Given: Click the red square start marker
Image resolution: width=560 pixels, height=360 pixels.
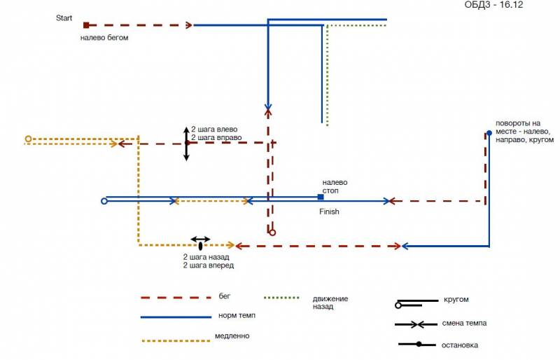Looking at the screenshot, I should [x=86, y=25].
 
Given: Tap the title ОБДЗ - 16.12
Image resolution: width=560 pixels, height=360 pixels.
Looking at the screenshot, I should [x=494, y=5].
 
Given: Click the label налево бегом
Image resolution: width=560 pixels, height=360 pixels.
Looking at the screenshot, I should [x=104, y=38].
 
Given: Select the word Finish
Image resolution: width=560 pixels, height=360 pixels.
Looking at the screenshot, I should [x=329, y=212].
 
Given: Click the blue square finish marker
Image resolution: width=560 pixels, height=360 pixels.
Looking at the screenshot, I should [x=321, y=197].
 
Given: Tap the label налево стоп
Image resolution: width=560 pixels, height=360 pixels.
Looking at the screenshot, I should [x=334, y=186].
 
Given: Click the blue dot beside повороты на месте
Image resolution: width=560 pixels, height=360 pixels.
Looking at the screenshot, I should [x=489, y=132].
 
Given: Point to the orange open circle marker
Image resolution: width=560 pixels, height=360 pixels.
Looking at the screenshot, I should [x=28, y=139].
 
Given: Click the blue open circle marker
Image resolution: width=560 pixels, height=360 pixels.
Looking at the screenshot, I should [x=104, y=201].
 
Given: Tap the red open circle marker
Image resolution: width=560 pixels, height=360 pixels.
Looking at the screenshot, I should [x=272, y=232].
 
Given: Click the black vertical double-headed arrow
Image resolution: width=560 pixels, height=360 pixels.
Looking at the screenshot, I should [x=186, y=144].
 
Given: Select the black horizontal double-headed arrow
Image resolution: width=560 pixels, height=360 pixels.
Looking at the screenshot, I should [x=201, y=240].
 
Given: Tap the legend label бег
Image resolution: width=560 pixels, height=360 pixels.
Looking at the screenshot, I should [x=225, y=298].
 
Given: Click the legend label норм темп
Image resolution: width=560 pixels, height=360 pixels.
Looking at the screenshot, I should [x=237, y=317].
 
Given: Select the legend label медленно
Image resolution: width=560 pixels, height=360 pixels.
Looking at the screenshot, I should [x=232, y=336].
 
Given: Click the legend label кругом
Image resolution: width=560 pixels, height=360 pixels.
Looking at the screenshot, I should [x=456, y=300].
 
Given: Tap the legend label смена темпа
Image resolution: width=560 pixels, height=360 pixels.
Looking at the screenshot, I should [x=464, y=324].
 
